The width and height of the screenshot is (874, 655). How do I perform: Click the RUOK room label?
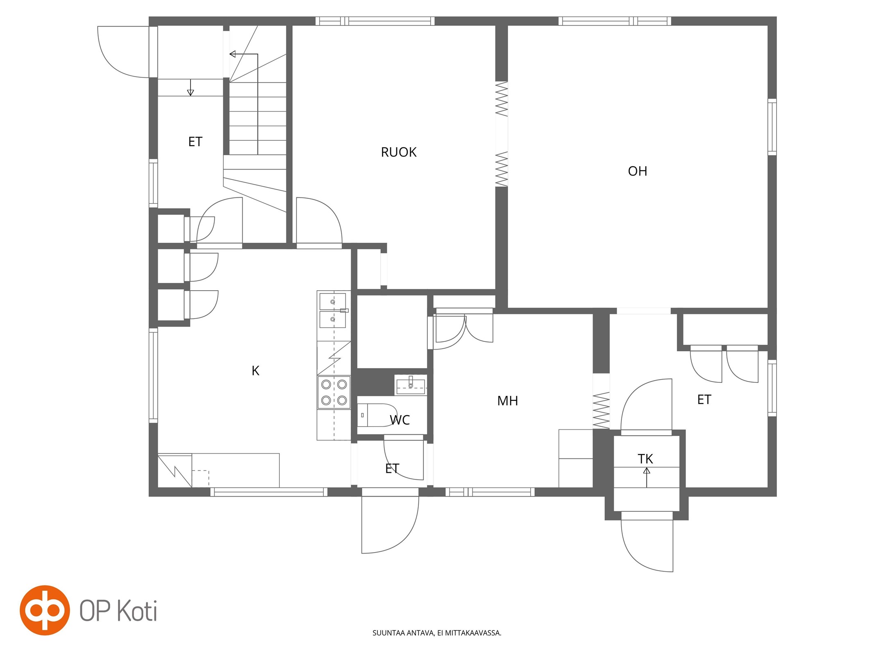tap(398, 152)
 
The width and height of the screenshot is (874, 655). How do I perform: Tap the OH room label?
tap(637, 171)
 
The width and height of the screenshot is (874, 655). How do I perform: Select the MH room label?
tap(507, 401)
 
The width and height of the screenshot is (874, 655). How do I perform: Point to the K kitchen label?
tap(255, 371)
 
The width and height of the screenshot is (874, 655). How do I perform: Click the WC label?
tap(400, 420)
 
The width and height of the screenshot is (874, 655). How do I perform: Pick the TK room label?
tap(645, 459)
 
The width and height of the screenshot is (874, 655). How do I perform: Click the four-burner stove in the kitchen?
tap(334, 392)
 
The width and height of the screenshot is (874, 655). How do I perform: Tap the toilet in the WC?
tap(377, 415)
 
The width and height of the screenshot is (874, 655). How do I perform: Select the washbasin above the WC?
tap(411, 385)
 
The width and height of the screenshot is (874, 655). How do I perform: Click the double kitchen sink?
tap(333, 310)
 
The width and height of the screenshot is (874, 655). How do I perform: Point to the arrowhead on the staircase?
tap(233, 54)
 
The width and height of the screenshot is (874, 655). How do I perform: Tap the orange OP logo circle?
tap(45, 610)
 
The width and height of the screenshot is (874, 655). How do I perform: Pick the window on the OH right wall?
tap(772, 127)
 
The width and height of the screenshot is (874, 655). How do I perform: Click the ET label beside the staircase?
tap(195, 142)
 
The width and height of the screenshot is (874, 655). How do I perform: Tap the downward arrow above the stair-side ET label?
tap(191, 87)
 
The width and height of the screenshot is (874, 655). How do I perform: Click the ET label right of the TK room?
tap(704, 400)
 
